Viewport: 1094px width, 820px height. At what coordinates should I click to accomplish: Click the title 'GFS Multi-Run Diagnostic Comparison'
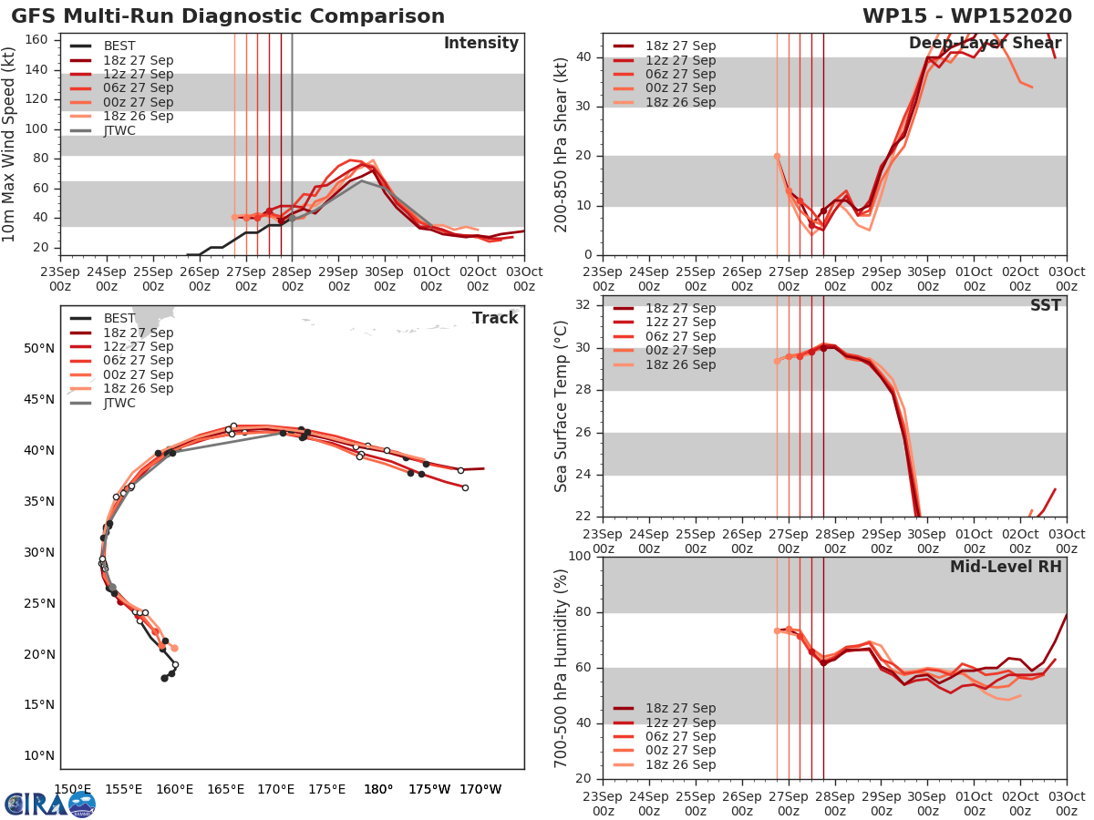228,16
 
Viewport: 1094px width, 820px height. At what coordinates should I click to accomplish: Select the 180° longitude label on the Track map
378,789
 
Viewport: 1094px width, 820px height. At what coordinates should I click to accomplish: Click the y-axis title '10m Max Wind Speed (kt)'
10,145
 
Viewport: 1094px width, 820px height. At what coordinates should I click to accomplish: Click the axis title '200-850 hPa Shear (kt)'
562,144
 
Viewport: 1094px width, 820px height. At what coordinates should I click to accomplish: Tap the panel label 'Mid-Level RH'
1006,567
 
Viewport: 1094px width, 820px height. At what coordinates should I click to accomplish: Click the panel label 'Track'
495,318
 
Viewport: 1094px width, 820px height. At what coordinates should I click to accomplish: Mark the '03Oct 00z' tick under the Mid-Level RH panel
1067,804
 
